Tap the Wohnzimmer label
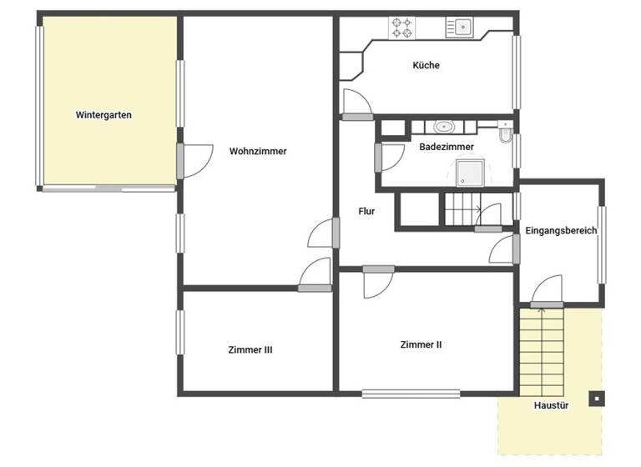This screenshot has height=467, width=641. (258, 151)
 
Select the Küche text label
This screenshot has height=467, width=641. (426, 65)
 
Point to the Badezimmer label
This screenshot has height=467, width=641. (447, 147)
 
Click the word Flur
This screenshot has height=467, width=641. (366, 211)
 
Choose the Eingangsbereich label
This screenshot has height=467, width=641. (561, 230)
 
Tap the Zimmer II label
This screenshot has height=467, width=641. (421, 344)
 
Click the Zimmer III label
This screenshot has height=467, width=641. (250, 349)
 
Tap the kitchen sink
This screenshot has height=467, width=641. (459, 28)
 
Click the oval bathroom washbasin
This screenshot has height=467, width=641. (443, 128)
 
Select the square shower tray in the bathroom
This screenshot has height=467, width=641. (472, 173)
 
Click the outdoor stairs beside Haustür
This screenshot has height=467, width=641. (542, 350)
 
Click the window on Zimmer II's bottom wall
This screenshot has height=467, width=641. (411, 393)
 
